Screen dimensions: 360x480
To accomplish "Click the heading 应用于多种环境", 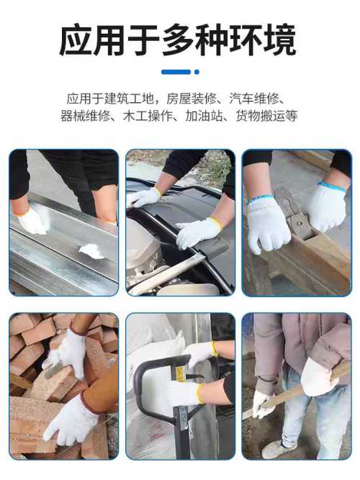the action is tap(178, 40).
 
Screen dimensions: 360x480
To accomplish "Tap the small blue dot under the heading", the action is tap(197, 72).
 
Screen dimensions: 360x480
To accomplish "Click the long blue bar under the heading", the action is tap(176, 72).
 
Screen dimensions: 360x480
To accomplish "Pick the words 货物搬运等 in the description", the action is tap(266, 116).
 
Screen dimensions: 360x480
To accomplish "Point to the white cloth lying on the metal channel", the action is tap(91, 252).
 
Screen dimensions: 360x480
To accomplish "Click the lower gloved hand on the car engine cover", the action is tap(198, 232).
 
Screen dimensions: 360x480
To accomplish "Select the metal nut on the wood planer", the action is tap(300, 220).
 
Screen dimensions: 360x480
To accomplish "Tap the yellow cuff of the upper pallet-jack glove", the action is tap(214, 349).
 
